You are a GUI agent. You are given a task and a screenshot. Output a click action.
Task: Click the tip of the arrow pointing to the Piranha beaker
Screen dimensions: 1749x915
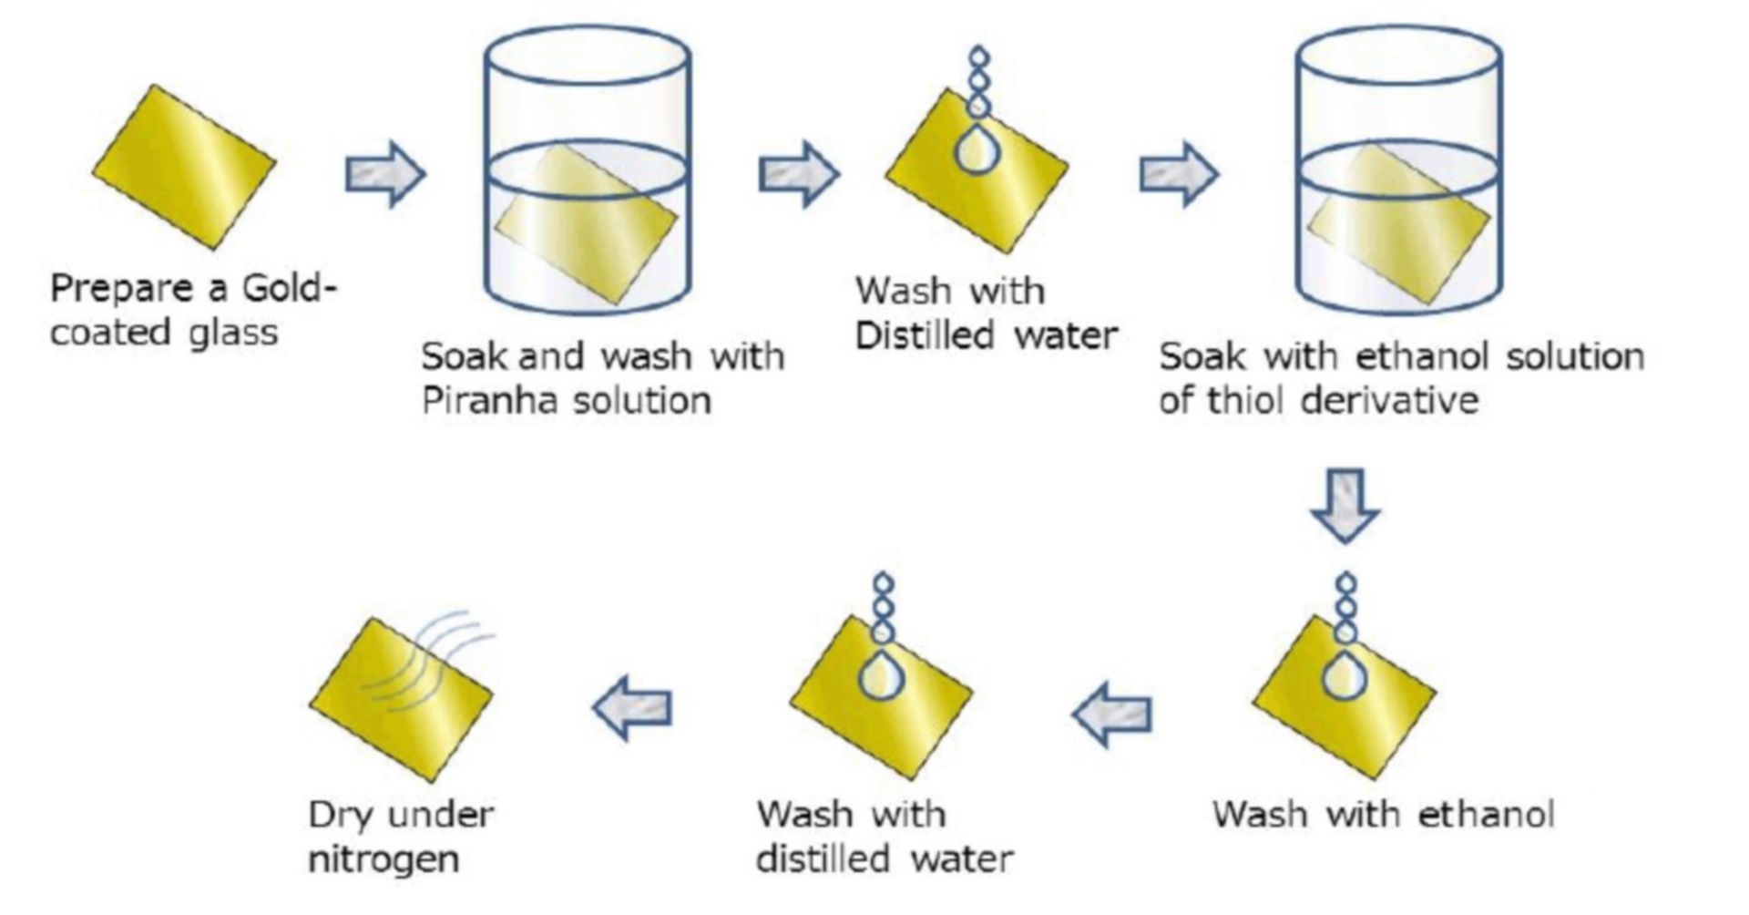tap(424, 173)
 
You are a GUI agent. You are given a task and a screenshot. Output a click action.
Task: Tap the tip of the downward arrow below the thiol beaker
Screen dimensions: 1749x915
tap(1345, 543)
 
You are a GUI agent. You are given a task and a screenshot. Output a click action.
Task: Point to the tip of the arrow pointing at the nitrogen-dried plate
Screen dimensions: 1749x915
tap(593, 707)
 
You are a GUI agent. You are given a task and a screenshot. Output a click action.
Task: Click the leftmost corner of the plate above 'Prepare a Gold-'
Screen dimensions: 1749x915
tap(93, 168)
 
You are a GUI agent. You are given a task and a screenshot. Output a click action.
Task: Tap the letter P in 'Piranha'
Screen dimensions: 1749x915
tap(431, 399)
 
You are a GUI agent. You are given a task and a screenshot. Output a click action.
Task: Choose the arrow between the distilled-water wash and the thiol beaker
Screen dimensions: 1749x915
tap(1179, 173)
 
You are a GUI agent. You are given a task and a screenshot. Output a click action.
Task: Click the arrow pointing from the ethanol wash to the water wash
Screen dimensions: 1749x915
tap(1111, 714)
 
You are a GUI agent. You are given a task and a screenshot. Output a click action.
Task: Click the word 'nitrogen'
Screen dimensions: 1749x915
tap(384, 858)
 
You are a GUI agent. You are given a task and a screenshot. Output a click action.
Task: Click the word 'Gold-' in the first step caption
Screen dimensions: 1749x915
tap(290, 288)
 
